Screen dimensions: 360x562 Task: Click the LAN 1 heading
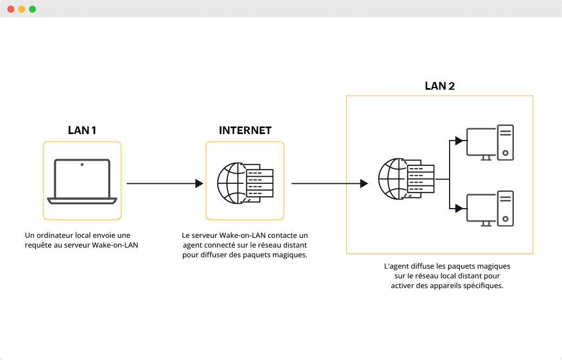click(82, 130)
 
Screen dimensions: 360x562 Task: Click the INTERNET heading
click(245, 130)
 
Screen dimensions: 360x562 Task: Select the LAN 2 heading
click(439, 86)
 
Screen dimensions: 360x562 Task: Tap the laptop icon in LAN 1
click(82, 181)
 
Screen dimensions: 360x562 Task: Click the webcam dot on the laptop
click(82, 164)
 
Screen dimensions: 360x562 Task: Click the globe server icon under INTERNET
click(245, 183)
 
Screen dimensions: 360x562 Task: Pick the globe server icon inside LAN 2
click(406, 178)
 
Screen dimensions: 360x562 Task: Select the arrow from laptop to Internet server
click(164, 184)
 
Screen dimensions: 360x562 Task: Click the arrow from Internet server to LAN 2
click(330, 184)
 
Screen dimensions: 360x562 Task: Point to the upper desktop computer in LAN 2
click(490, 143)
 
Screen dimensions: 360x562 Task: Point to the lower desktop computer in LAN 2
click(490, 209)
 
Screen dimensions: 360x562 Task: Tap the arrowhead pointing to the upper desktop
click(459, 141)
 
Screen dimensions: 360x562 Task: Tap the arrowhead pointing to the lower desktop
click(459, 208)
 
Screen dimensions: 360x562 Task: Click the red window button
click(11, 9)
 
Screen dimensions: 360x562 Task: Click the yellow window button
click(22, 9)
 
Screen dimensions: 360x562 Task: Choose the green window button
click(32, 9)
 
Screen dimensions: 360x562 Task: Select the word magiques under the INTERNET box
click(292, 255)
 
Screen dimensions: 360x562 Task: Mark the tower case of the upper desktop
click(505, 143)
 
